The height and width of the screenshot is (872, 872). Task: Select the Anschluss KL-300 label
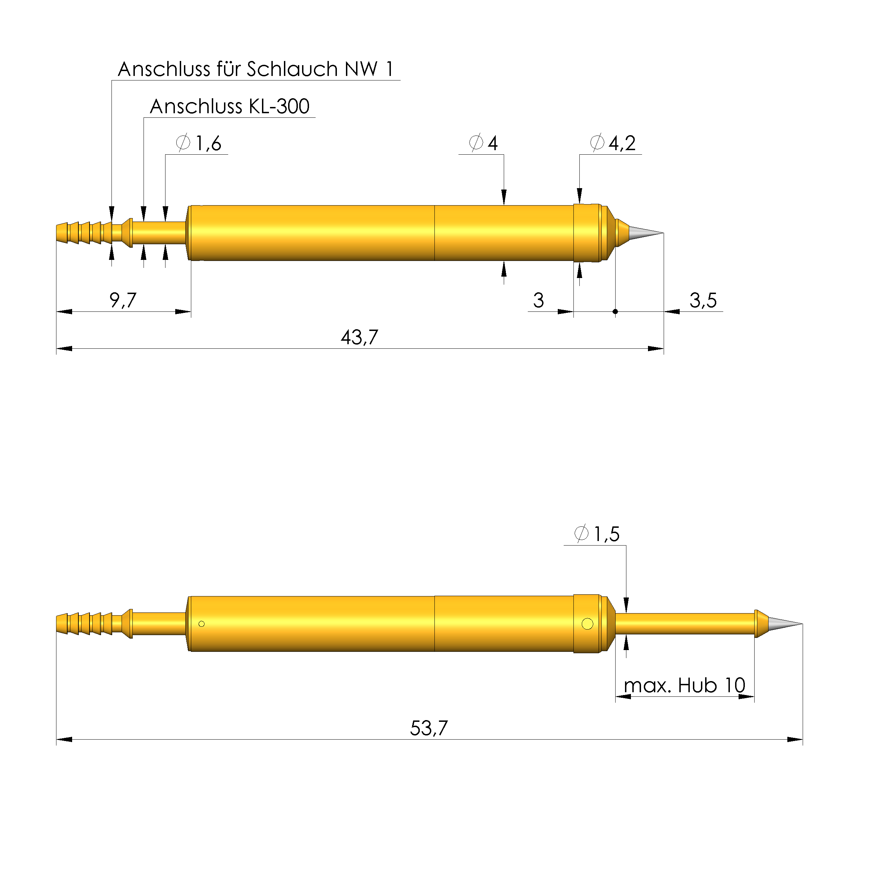point(229,107)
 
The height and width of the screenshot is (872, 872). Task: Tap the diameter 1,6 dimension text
point(199,144)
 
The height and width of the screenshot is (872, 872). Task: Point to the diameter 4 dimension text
point(484,144)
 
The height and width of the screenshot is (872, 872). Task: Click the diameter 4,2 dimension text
point(613,144)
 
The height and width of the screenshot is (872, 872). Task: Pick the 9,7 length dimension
point(123,301)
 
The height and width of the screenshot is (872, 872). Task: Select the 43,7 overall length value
point(359,338)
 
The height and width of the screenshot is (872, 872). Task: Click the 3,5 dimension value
point(703,301)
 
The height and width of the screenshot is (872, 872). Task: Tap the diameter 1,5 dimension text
point(597,534)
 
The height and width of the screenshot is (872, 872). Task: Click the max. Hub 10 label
point(684,686)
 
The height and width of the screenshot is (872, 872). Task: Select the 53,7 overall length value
point(429,728)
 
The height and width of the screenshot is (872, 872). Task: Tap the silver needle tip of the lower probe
point(784,624)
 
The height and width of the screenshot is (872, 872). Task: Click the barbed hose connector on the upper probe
point(84,233)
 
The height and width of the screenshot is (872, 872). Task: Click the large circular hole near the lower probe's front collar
point(588,624)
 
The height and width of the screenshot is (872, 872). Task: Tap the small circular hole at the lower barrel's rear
point(202,624)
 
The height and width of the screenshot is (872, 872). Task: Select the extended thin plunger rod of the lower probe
point(684,624)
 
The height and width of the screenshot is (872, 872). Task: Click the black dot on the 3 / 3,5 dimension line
point(615,312)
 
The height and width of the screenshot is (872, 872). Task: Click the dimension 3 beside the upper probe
point(539,301)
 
